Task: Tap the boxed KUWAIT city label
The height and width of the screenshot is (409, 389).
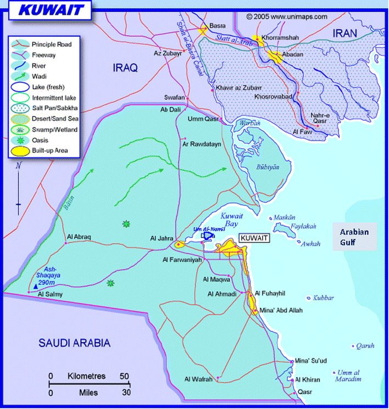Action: (255, 238)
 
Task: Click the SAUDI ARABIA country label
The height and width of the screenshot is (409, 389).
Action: (74, 344)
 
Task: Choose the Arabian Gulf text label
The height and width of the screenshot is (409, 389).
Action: (354, 237)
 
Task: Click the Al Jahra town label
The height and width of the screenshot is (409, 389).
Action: (161, 238)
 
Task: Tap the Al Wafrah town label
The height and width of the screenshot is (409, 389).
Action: (199, 379)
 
